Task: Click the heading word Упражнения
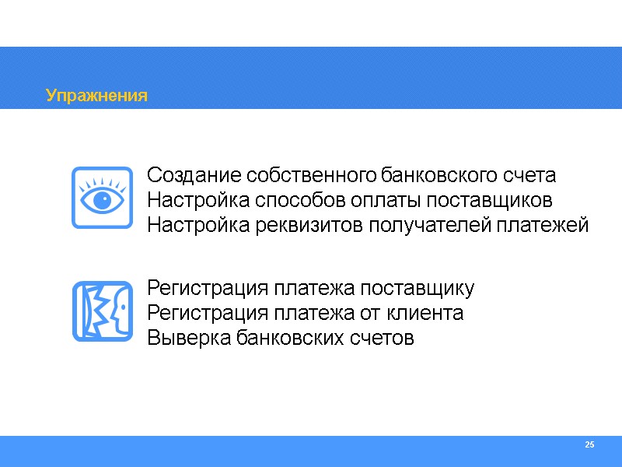96,96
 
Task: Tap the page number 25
589,444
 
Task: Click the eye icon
102,198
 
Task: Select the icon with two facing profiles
102,311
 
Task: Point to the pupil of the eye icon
102,198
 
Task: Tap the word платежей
543,226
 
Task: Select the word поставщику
419,288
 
